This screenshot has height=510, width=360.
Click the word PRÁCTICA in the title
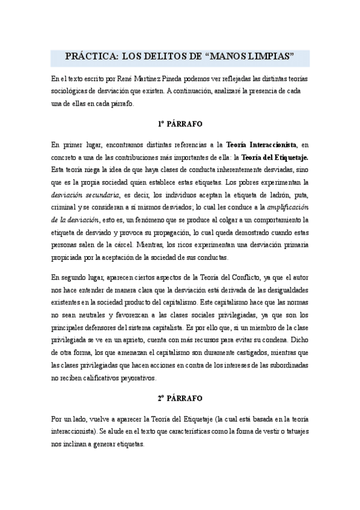pos(90,57)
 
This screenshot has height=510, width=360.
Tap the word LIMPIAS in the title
pos(265,57)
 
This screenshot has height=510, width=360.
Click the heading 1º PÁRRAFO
pos(180,124)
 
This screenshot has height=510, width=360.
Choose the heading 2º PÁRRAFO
pos(180,398)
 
